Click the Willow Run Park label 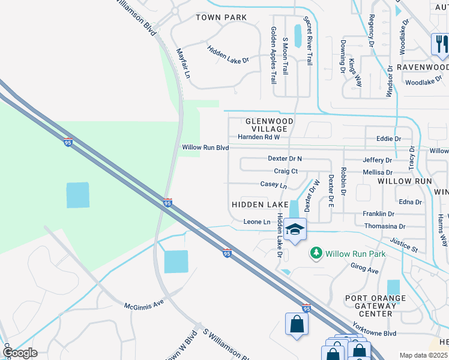click(x=355, y=254)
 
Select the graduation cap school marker click(x=295, y=229)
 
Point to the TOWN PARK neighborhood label click(x=221, y=17)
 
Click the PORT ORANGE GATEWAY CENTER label click(x=375, y=305)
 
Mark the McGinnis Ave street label click(x=144, y=304)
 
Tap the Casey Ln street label click(x=274, y=185)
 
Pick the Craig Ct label click(x=286, y=171)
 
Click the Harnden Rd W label click(x=259, y=137)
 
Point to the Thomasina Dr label click(x=385, y=226)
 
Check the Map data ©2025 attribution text click(x=424, y=355)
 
